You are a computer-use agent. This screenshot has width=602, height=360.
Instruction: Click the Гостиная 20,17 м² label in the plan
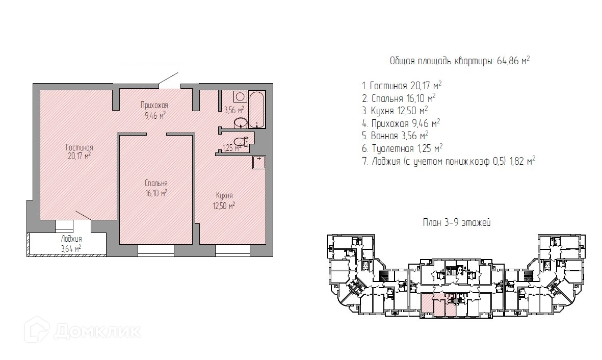coord(78,151)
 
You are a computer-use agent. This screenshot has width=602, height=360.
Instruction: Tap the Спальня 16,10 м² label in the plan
coord(156,188)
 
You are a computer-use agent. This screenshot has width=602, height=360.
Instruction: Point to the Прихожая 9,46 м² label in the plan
coord(155,110)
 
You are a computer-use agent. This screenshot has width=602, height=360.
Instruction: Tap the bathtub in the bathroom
coord(257,110)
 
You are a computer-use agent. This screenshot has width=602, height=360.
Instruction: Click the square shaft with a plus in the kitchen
coord(259,162)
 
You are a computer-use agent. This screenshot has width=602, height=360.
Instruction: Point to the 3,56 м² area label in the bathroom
coord(234,110)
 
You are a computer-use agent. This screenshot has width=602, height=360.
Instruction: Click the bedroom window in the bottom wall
coord(156,250)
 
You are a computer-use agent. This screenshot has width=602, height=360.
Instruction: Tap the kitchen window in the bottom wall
coord(232,250)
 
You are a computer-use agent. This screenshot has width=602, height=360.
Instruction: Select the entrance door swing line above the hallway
coord(168,79)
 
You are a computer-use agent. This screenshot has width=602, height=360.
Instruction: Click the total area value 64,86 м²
coord(513,61)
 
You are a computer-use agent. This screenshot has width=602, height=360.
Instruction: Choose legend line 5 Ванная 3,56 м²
coord(396,136)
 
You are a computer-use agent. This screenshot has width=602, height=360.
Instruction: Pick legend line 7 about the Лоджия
coord(449,161)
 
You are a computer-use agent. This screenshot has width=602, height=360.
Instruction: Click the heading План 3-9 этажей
coord(457,223)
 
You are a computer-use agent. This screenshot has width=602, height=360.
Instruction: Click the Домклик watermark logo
coord(83,330)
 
